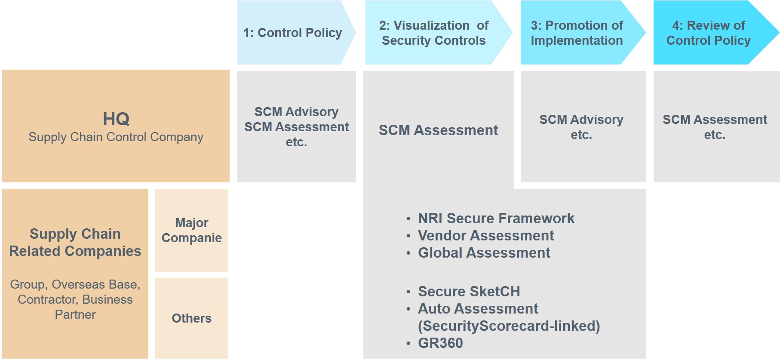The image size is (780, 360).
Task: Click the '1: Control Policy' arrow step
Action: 293,33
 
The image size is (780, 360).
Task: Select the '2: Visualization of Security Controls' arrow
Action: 433,33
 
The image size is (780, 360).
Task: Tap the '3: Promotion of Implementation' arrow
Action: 577,33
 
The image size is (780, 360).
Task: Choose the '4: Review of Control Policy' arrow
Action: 708,33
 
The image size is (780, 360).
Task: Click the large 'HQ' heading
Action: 116,119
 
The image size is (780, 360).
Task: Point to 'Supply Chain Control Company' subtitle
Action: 116,137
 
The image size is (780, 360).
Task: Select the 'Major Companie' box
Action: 192,230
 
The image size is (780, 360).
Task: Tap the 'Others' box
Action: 192,318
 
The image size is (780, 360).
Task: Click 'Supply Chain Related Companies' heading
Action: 75,242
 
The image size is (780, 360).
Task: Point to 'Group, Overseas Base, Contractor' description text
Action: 75,299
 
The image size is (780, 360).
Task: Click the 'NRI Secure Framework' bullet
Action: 496,218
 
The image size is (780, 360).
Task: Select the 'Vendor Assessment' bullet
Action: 486,236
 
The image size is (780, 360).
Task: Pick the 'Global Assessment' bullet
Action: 484,253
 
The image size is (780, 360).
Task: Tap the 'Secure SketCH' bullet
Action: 469,292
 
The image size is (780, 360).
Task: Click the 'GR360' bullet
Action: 440,343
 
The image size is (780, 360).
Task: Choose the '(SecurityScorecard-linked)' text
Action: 509,326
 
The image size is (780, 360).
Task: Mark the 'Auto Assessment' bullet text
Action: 478,309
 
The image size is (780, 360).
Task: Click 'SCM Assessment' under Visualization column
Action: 438,130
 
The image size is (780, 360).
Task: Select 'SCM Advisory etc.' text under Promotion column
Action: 581,127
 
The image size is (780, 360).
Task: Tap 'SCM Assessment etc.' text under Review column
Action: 715,127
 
